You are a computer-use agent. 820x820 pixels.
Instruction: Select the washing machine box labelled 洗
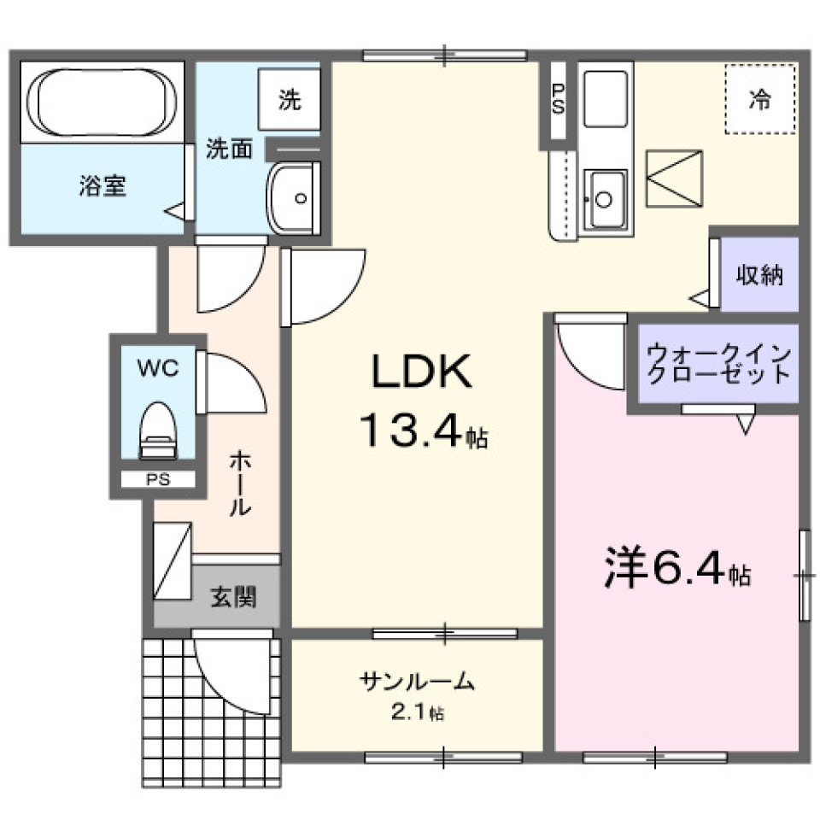pyautogui.click(x=290, y=100)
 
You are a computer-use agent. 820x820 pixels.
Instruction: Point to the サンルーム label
pyautogui.click(x=416, y=681)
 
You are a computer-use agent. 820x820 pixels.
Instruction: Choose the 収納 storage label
pyautogui.click(x=759, y=276)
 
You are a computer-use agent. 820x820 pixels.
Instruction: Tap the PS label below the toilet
pyautogui.click(x=157, y=480)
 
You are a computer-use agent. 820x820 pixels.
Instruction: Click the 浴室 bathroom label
pyautogui.click(x=102, y=187)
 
